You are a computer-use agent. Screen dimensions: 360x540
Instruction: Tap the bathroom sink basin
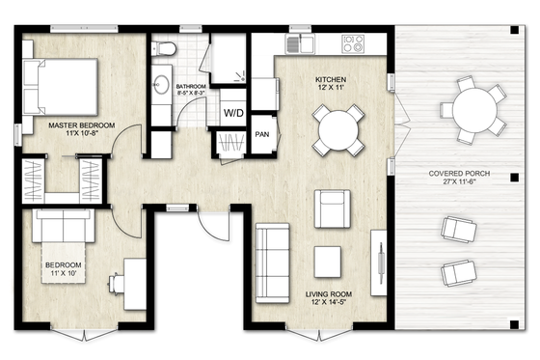161,84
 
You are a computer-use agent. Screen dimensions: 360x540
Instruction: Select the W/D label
233,113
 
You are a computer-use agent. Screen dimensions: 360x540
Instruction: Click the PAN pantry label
261,134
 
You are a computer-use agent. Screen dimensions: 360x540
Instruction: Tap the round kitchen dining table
338,128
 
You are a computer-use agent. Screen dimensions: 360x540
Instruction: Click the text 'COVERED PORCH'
459,174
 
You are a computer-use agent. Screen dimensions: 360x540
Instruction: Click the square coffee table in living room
329,261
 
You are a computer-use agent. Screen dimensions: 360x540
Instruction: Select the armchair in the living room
333,209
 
